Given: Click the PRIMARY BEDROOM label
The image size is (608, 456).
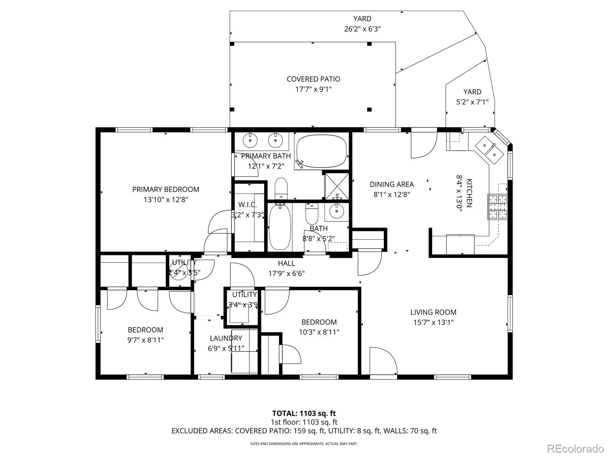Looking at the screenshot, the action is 166,189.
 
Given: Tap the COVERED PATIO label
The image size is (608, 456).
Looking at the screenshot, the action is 313,79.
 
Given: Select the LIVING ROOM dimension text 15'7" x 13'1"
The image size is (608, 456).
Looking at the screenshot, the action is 434,322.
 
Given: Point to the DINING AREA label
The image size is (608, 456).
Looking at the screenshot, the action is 392,184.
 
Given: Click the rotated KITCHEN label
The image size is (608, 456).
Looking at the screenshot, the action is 469,193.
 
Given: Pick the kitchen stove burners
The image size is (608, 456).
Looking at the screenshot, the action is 497,207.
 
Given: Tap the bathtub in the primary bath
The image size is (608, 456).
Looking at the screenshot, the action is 321,151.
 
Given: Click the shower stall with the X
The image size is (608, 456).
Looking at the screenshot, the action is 337,186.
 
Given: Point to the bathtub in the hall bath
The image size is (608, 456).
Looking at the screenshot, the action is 280,226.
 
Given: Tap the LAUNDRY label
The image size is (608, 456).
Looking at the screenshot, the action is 226,338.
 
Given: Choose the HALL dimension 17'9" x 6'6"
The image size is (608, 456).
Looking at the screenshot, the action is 287,274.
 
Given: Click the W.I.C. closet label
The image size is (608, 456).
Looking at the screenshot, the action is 247,205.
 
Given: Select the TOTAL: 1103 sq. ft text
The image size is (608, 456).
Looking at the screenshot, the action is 304,413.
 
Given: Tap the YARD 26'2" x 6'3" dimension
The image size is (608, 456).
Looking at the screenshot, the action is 362,29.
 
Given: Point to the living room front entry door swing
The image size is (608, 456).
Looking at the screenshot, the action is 384,361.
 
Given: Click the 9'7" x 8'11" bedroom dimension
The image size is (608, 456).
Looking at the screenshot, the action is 146,340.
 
